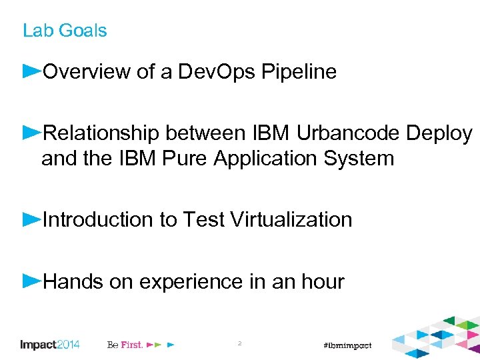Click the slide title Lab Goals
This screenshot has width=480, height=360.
65,31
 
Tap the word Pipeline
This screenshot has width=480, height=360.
299,73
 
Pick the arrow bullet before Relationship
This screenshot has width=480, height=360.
32,132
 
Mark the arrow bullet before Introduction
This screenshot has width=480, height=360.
32,218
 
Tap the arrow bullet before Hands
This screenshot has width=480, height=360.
32,280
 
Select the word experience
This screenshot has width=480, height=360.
191,282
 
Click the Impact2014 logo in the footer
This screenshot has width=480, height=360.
50,345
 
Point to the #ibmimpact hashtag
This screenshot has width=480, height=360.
346,345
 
